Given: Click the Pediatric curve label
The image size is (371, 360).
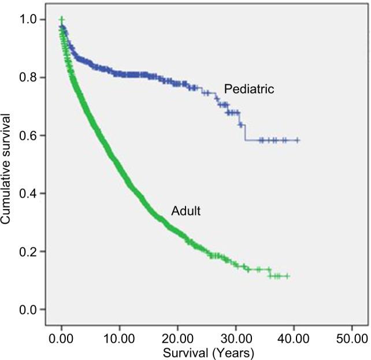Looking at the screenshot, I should [248, 90].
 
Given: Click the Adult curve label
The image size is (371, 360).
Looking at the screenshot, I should [185, 211].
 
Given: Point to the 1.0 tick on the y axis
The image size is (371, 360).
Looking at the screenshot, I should [31, 20].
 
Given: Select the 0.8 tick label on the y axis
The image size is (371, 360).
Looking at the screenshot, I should [31, 77].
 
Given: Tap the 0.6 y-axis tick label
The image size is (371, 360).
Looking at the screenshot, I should [31, 136].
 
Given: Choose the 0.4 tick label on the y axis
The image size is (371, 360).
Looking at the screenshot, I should [31, 194].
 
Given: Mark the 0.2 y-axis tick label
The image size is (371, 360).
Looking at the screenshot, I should [31, 252].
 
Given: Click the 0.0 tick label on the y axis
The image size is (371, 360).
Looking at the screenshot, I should [31, 310].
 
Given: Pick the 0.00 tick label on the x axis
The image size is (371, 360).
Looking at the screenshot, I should [61, 337].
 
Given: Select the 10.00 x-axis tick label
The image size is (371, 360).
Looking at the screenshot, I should [120, 337].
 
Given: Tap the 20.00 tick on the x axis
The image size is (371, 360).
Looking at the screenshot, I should [177, 337].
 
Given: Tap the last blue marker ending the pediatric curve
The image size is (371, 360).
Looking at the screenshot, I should [297, 140].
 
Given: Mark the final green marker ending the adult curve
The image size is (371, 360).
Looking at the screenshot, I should [287, 276].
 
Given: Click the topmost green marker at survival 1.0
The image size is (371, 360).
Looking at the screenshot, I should [61, 20].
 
